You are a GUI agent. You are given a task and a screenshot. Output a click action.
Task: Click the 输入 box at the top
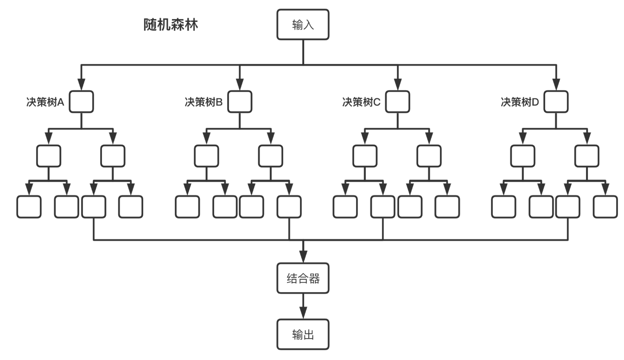tap(303, 25)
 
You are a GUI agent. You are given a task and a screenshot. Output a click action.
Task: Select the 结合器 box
tap(303, 279)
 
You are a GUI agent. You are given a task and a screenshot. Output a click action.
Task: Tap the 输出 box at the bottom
tap(303, 334)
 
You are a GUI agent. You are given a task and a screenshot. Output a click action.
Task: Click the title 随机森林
tap(171, 25)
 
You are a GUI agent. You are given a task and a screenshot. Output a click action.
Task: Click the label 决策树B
tap(204, 102)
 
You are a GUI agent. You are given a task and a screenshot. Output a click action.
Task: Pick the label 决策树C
tap(361, 102)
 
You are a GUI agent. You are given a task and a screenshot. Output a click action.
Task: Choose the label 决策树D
tap(520, 102)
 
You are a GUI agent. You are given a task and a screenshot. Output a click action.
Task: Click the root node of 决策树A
tap(82, 102)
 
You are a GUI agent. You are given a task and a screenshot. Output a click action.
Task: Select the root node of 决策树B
tap(240, 102)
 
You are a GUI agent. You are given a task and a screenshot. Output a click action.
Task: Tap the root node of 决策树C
tap(398, 102)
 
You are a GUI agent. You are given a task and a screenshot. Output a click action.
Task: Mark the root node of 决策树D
tap(556, 102)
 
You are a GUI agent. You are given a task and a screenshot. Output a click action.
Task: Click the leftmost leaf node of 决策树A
tap(29, 207)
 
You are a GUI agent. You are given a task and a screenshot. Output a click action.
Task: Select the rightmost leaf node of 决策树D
tap(605, 207)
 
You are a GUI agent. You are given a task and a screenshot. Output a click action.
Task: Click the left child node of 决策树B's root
tap(206, 156)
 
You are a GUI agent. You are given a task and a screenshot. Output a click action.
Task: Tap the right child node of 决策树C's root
tap(429, 156)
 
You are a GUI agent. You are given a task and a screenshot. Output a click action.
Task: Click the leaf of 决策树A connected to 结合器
tap(94, 207)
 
